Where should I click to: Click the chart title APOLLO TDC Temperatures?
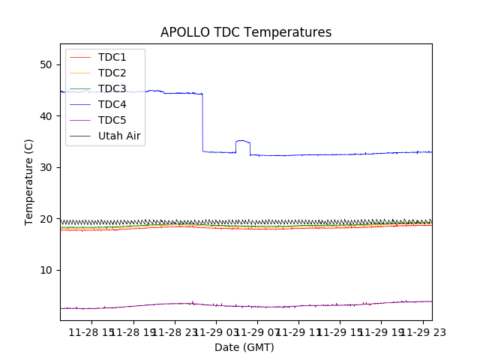(246, 32)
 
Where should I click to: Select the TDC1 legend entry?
(112, 57)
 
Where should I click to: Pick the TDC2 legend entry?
(112, 73)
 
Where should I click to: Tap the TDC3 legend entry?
(112, 88)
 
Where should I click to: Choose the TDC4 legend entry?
(112, 104)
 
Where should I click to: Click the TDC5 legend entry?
(112, 120)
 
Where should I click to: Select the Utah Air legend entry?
(119, 136)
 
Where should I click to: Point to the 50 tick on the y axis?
(46, 64)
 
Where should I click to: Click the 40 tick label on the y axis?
(46, 116)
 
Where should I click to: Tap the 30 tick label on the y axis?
(46, 167)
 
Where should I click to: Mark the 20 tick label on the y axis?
(46, 219)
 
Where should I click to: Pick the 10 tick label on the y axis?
(46, 270)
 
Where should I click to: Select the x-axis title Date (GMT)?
(244, 347)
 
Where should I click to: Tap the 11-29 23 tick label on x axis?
(421, 332)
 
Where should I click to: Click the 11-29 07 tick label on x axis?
(256, 332)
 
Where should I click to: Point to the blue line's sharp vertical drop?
(202, 124)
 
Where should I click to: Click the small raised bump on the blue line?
(242, 141)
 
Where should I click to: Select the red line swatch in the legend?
(80, 57)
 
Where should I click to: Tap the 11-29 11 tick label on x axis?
(298, 332)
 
